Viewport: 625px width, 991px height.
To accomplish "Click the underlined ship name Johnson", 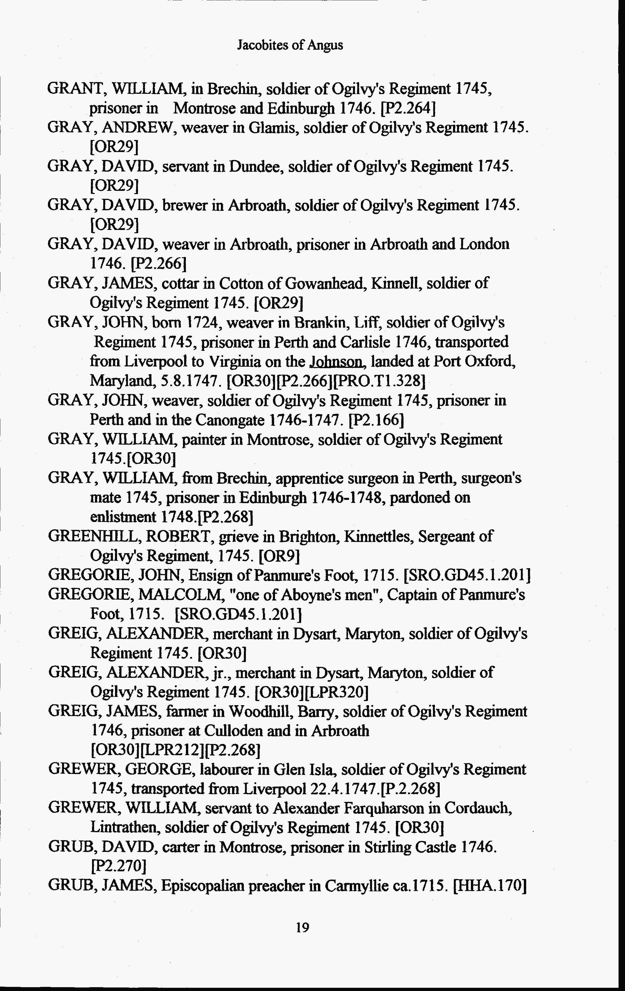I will (x=337, y=361).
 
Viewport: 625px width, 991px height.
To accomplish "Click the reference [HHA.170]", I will (x=489, y=886).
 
